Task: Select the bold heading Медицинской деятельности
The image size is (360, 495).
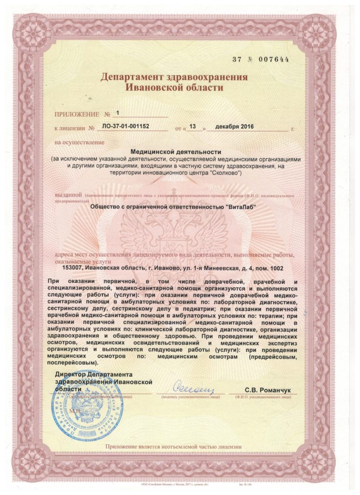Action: point(179,152)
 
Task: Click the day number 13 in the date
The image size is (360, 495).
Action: point(194,127)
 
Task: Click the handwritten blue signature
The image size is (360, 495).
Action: point(191,387)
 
